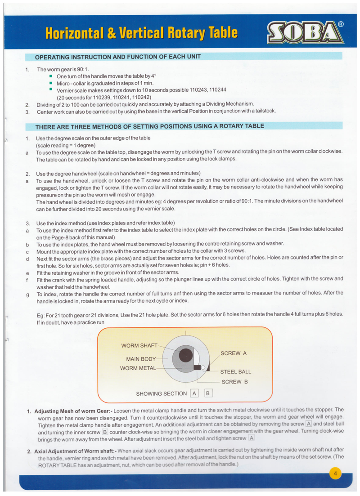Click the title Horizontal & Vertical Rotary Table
(x=141, y=32)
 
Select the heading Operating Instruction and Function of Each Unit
(x=118, y=57)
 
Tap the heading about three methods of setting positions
(x=150, y=126)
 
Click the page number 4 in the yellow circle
(x=336, y=474)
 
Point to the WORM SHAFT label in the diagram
(x=139, y=345)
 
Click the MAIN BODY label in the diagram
(x=141, y=359)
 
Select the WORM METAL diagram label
(x=138, y=368)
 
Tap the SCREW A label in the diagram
(x=234, y=353)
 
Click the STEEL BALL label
(x=235, y=372)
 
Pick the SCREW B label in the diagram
(x=235, y=382)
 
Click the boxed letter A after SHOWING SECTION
(x=194, y=393)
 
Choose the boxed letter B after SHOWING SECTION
(x=209, y=393)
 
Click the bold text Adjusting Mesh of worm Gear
(x=73, y=411)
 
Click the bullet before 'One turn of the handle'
(x=51, y=76)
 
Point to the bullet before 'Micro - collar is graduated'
(x=51, y=83)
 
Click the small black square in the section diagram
(x=197, y=367)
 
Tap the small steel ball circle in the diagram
(x=203, y=367)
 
